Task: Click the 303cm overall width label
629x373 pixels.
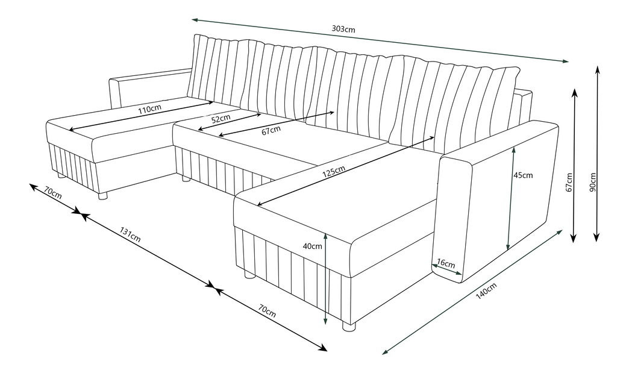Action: point(343,29)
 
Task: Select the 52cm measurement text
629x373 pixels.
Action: point(221,118)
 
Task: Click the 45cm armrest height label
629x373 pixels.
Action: point(523,175)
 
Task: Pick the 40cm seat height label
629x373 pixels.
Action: point(313,246)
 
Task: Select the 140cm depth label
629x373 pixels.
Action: point(486,291)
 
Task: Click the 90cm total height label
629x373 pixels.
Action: point(593,182)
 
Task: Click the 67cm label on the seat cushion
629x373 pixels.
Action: point(271,130)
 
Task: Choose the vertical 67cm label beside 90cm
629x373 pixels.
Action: point(569,182)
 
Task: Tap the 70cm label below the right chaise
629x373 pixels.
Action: point(267,311)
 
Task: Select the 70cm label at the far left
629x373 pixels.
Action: point(53,192)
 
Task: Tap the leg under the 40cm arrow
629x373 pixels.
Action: point(349,325)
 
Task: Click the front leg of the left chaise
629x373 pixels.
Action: point(103,196)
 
